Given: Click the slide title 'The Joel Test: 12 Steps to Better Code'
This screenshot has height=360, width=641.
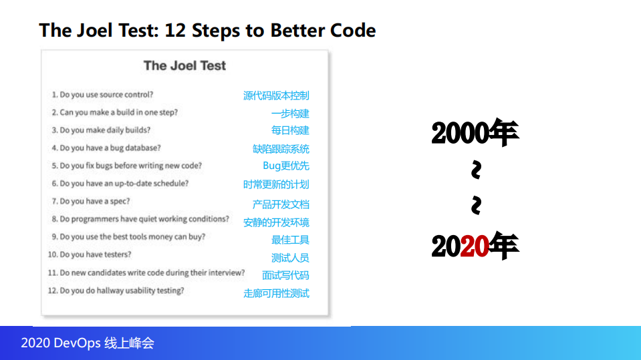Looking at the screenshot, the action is click(207, 31).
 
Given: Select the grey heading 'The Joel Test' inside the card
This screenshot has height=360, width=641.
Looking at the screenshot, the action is click(184, 65).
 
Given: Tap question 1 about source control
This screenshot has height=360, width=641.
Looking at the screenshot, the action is click(102, 94).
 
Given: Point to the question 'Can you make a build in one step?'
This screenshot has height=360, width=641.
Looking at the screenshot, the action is click(114, 112).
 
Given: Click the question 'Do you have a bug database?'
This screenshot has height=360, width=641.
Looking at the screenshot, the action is click(106, 148).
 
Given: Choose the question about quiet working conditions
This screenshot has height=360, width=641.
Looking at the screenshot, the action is click(140, 219).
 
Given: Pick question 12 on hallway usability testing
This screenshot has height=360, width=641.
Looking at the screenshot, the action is click(116, 291).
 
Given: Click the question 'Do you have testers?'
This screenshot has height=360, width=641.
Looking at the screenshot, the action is click(90, 254).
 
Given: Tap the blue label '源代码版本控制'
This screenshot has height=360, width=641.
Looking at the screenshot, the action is click(276, 96).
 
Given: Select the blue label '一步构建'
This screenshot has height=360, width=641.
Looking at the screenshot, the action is click(290, 114).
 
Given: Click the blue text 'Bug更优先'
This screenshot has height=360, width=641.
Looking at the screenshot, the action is click(286, 166).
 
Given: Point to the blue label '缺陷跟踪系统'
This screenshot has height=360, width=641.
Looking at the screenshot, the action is click(281, 149).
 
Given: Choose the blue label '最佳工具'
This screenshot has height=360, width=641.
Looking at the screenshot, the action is click(290, 240).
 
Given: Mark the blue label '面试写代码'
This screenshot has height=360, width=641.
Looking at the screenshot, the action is click(285, 275).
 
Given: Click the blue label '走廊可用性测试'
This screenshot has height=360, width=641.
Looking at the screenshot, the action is click(276, 293).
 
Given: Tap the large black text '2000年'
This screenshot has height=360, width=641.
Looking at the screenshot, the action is click(475, 132).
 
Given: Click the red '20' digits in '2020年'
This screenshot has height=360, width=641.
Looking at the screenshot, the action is click(474, 247).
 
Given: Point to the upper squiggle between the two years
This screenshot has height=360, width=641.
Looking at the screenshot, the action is click(476, 170).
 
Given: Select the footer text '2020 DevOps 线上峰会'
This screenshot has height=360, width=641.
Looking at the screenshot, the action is click(88, 343).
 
